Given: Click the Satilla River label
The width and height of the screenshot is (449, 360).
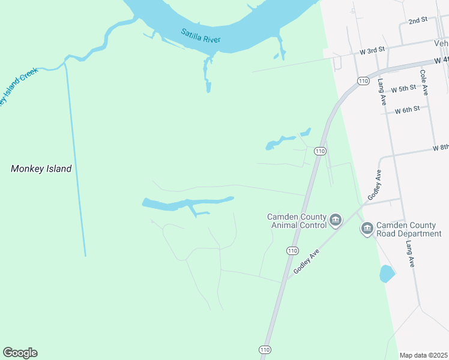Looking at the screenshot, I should pos(201,35).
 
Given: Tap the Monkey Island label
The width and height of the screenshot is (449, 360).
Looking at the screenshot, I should pos(41,169).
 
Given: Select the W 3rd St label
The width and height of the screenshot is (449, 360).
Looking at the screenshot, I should pos(372,52).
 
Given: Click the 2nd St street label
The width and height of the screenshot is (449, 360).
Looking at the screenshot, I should pos(417,20).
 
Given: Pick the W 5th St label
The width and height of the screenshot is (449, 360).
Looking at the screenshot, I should pos(403,89).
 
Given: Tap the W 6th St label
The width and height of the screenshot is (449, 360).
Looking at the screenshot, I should pos(408,111).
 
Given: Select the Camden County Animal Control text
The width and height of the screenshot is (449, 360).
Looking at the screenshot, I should pos(298,221).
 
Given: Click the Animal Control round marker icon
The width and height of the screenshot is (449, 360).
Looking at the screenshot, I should pos(335,221).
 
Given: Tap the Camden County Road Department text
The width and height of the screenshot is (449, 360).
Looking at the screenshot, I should pos(408,229).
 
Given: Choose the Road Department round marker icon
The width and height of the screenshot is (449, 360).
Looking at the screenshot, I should pos(367,229).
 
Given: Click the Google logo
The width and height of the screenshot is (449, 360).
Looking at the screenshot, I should pos(20,353).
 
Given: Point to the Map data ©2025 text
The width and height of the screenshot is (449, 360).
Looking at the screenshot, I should pos(424,355).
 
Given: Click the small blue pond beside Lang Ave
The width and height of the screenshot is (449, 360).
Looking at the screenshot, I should pos(387,274).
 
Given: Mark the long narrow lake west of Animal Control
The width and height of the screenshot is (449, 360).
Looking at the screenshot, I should pos(180,205).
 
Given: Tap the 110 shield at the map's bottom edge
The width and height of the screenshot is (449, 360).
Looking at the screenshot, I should pos(265,349).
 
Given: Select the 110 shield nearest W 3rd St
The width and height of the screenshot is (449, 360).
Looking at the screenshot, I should pos(362,80).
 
